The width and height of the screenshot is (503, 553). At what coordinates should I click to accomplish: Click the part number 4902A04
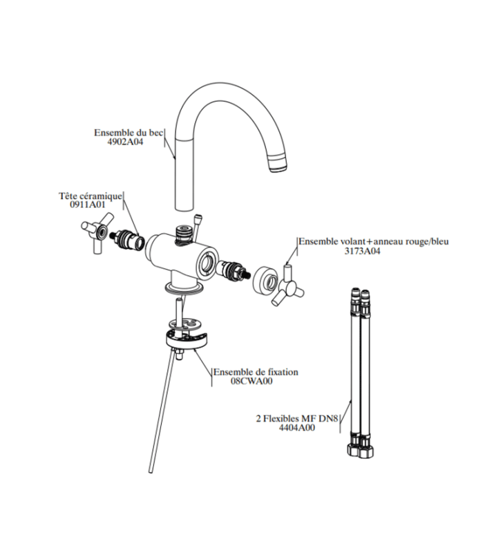click(125, 142)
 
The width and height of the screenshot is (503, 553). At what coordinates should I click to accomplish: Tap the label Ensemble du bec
click(129, 133)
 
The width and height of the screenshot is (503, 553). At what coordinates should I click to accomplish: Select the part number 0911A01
click(88, 205)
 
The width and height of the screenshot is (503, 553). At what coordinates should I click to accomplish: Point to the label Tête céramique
click(91, 196)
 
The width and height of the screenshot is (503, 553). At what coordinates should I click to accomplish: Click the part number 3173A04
click(362, 251)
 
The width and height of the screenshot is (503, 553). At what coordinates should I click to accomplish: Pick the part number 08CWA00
click(251, 381)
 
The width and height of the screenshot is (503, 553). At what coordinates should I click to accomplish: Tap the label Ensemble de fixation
click(256, 372)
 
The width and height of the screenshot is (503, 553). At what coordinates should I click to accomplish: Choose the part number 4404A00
click(297, 428)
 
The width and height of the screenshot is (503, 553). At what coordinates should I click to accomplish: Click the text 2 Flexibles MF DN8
click(297, 419)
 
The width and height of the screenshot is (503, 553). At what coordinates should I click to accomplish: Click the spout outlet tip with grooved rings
click(278, 163)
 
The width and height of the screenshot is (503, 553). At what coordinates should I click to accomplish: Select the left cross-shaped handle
click(97, 232)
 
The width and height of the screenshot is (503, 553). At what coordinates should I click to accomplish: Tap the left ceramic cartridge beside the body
click(128, 238)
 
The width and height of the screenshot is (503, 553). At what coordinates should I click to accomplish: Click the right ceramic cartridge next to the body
click(234, 270)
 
